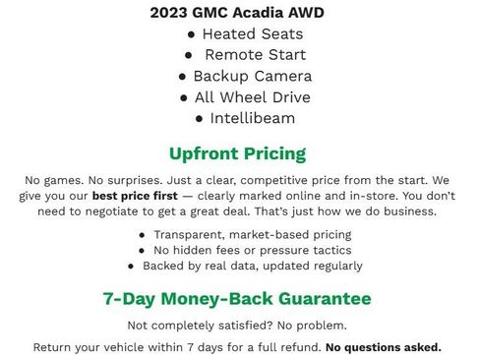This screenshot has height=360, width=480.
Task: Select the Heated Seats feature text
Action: [246, 33]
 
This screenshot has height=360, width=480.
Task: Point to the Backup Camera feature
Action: [253, 76]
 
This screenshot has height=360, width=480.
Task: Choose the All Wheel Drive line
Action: [252, 97]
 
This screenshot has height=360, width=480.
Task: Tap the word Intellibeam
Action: [252, 118]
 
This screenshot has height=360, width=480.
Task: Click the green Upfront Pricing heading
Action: [237, 153]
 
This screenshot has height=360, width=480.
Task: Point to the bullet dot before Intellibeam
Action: [200, 119]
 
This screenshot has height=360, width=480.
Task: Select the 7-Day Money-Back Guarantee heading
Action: [237, 298]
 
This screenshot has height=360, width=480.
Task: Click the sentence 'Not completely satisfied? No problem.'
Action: [237, 326]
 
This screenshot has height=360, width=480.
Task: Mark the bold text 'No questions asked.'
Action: [384, 347]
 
